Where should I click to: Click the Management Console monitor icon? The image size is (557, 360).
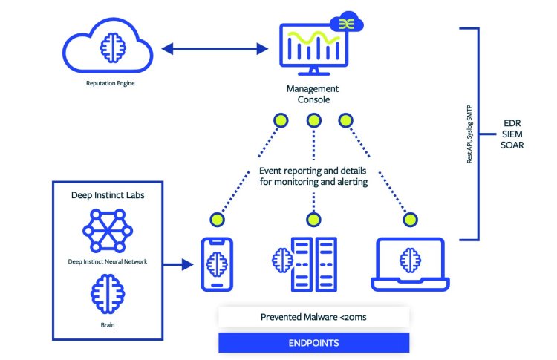pos(313,50)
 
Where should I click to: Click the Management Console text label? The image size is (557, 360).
pos(313,94)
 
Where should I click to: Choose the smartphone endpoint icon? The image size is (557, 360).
pos(218,264)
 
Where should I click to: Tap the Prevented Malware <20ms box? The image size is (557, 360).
pos(313,317)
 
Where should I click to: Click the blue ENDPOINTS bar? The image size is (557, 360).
pos(313,343)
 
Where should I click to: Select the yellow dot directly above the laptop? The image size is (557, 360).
pos(408,219)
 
